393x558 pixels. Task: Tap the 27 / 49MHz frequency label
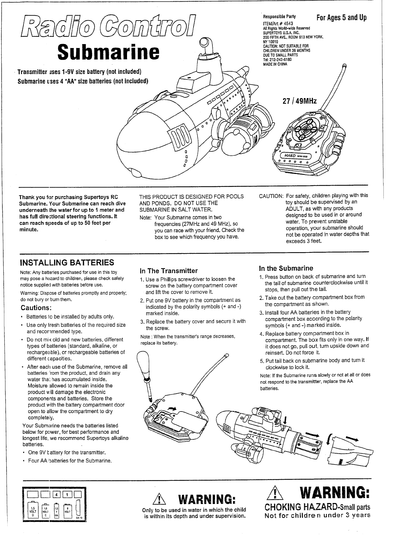pos(299,101)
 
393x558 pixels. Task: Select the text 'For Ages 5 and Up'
pos(341,17)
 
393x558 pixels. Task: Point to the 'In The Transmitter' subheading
pos(169,271)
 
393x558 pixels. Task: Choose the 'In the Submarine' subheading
pos(286,268)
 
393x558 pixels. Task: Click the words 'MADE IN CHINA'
pos(276,64)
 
